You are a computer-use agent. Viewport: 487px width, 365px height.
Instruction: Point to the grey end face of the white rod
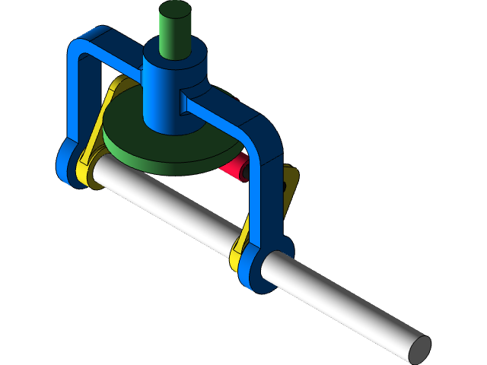click(419, 348)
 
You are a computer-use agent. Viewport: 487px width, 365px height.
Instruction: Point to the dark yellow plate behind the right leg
click(290, 186)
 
